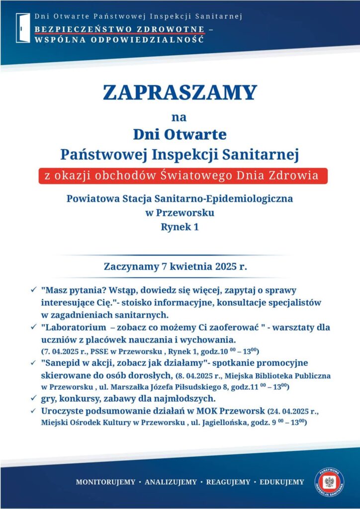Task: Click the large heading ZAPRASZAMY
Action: coord(180,92)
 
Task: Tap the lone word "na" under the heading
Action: coord(180,118)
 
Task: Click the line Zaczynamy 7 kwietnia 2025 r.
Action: coord(180,266)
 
